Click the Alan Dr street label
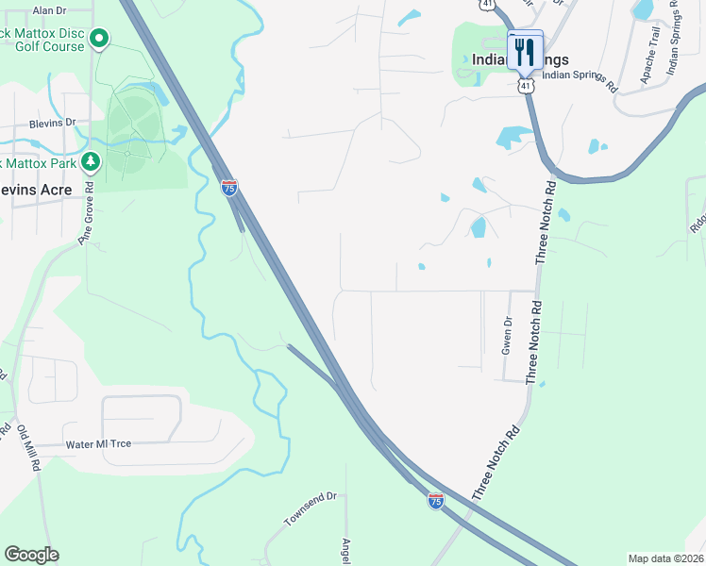click(49, 10)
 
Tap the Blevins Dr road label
click(51, 124)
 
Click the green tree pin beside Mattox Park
click(91, 162)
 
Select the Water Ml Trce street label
click(98, 444)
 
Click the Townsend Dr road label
click(310, 509)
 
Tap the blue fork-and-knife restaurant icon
click(524, 52)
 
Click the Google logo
click(31, 555)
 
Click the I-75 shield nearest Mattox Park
click(229, 188)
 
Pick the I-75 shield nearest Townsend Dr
click(435, 501)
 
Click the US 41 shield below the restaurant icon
click(526, 85)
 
